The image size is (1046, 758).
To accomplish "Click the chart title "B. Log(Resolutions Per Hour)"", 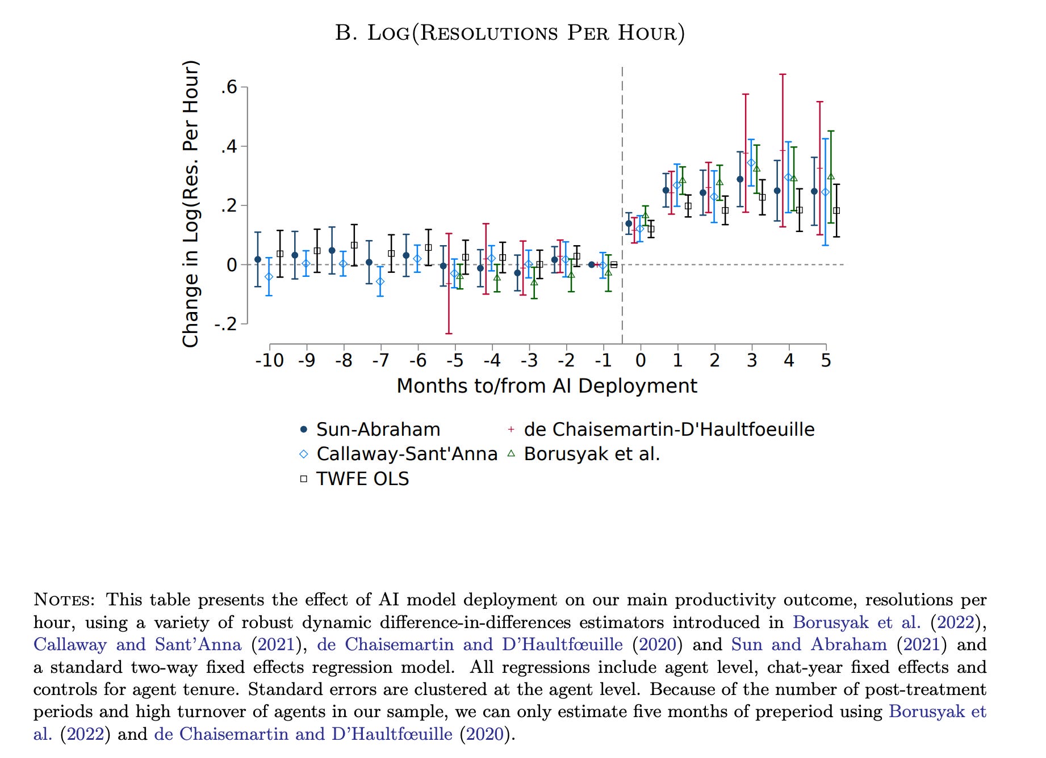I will coord(509,33).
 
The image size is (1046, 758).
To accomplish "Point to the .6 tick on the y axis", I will coord(229,87).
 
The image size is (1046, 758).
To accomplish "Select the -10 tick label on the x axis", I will coord(269,360).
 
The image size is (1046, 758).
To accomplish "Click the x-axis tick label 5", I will coord(826,360).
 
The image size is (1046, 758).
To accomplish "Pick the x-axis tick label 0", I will coord(641,360).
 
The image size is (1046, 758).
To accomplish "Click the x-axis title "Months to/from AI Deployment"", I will coord(546,386).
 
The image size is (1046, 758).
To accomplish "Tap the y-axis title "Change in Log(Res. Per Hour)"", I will coord(191,204).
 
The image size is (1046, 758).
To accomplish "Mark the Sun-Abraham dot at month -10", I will coord(258,259).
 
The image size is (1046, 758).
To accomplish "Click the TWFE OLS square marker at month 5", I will coord(836,211).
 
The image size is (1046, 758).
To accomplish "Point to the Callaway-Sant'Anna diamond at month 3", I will coord(751,163).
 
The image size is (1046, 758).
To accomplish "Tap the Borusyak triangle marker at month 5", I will coord(831,176).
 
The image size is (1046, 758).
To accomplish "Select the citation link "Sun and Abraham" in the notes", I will coord(809,645).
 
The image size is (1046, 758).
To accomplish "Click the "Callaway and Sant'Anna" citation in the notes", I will coord(137,645).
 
